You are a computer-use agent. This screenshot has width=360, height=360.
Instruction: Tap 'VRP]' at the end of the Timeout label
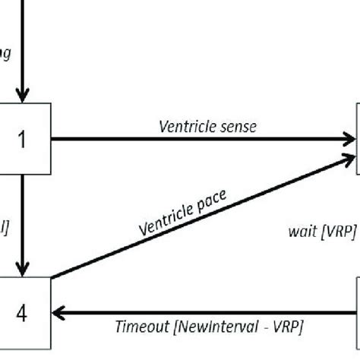pos(286,327)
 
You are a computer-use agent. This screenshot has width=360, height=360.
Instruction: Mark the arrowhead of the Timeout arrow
pos(58,311)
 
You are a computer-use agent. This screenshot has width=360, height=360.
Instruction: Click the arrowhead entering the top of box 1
pos(24,96)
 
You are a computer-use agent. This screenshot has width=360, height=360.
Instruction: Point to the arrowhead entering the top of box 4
pos(24,268)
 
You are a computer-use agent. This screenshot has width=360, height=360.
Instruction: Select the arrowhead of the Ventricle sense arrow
pos(349,140)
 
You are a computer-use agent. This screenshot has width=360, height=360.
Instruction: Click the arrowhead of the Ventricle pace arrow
pos(350,156)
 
